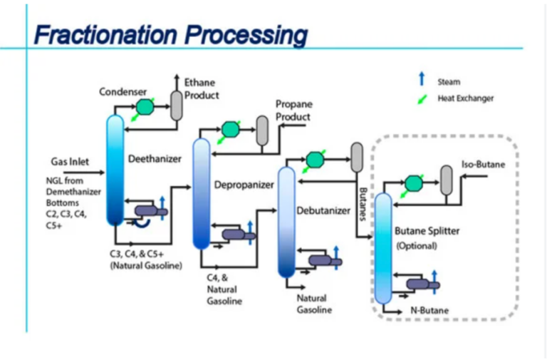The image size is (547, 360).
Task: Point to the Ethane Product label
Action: click(202, 89)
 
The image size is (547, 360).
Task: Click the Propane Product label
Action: click(293, 110)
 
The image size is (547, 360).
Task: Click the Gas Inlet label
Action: click(70, 162)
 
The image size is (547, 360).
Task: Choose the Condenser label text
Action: click(123, 92)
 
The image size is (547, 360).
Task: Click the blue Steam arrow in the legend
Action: click(422, 80)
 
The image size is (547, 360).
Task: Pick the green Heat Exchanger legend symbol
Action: click(422, 98)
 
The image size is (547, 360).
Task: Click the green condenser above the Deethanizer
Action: click(146, 107)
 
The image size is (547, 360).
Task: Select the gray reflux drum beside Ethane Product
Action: click(177, 106)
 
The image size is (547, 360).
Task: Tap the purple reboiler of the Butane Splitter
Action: click(421, 286)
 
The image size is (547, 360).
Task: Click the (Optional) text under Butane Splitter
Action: click(417, 246)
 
